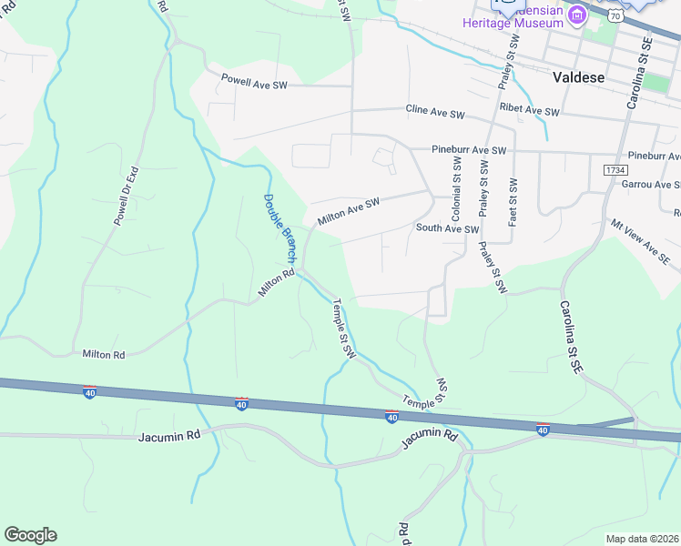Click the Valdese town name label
(578, 77)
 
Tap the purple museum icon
(577, 15)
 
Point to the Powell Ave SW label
(254, 81)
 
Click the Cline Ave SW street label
(435, 112)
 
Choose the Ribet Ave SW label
(529, 110)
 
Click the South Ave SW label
(447, 228)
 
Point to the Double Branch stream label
(280, 228)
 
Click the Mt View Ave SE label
(640, 239)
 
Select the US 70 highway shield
(616, 16)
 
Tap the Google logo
(30, 535)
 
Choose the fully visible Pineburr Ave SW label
(469, 150)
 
